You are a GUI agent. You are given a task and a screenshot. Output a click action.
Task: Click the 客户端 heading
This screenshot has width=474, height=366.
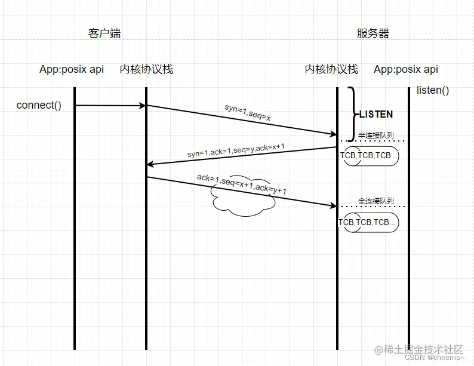[x=104, y=33]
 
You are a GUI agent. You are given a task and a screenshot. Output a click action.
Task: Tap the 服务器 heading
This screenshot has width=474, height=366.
[x=373, y=33]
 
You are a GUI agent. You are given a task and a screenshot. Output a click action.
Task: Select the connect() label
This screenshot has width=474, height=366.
[x=39, y=106]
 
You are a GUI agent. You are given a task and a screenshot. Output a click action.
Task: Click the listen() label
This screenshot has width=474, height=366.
[x=433, y=91]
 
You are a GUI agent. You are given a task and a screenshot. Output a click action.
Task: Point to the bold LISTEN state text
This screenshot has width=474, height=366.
[x=376, y=114]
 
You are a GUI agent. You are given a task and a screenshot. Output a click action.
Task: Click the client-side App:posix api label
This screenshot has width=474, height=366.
[x=72, y=69]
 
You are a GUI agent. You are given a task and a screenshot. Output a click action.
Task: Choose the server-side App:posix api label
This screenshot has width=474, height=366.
[x=406, y=69]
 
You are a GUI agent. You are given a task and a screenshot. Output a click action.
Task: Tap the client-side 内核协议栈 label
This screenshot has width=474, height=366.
[x=146, y=69]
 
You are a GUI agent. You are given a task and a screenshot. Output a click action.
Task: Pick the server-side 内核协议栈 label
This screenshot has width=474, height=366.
[x=331, y=69]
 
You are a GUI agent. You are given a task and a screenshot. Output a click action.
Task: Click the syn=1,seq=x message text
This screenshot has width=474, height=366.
[x=248, y=113]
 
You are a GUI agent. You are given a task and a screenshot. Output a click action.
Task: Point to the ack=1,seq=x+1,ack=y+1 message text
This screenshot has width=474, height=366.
[x=242, y=184]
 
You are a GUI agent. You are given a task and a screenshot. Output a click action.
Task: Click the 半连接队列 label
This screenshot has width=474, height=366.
[x=376, y=135]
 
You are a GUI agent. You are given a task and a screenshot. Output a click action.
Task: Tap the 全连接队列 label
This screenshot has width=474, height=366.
[x=376, y=201]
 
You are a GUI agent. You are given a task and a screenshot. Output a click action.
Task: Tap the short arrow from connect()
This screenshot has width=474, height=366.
[x=111, y=106]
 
